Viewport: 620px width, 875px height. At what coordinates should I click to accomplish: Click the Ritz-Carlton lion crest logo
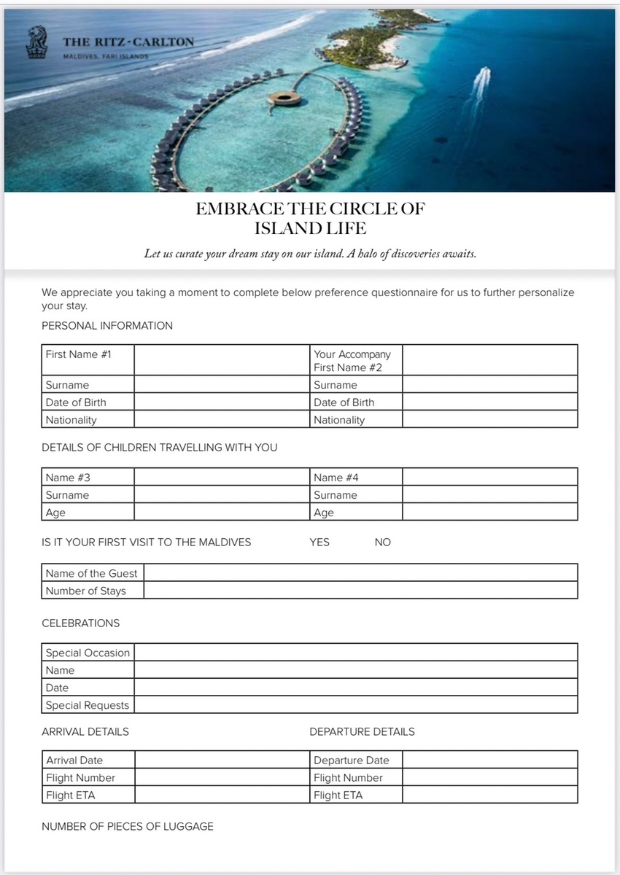pos(34,42)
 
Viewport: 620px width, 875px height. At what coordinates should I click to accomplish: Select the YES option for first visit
pos(319,542)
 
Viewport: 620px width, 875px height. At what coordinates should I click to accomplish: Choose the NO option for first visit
pos(382,542)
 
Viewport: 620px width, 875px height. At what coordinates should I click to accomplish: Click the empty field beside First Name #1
pos(222,360)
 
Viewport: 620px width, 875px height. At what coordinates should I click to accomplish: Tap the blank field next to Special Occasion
pos(356,652)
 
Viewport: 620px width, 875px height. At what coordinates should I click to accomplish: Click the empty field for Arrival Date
pos(222,760)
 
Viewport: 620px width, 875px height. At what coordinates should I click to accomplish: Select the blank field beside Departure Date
pos(489,760)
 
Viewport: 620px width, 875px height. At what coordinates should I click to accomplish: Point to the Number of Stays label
pos(85,591)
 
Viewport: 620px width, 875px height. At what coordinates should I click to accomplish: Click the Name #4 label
pos(336,478)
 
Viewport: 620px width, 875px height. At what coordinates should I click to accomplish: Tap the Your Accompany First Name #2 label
pos(352,360)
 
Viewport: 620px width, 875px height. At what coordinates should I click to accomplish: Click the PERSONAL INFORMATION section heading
pos(107,326)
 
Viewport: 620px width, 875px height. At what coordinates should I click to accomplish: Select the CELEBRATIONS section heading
pos(81,623)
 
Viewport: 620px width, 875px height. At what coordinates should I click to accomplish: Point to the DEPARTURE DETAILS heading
pos(362,731)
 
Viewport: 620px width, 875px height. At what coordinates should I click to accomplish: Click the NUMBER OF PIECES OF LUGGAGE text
pos(128,826)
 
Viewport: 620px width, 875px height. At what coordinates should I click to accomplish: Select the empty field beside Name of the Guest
pos(360,573)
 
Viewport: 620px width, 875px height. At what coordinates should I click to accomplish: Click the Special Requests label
pos(87,705)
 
